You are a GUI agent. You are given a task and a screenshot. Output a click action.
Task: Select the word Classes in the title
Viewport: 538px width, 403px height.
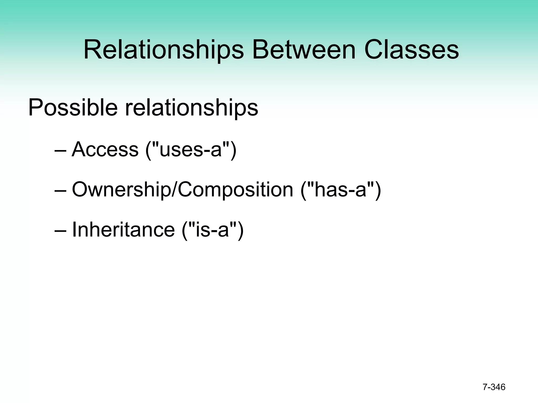pos(412,50)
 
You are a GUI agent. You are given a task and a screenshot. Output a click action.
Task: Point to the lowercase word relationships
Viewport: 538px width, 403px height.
pos(192,108)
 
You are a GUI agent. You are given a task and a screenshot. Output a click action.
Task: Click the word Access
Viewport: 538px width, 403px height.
pos(105,149)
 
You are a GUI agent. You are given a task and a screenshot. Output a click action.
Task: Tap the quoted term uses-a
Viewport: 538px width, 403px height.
pos(191,149)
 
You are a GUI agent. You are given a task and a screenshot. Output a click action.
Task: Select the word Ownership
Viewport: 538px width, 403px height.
pos(121,189)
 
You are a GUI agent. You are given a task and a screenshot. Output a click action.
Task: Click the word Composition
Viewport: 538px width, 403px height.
pos(235,189)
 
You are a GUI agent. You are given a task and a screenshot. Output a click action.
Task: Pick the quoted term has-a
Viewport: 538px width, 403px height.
pos(340,189)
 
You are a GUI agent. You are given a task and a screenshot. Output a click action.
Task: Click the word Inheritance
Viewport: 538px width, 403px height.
pos(123,230)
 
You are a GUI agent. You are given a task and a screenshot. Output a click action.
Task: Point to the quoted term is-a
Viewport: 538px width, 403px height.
pos(213,230)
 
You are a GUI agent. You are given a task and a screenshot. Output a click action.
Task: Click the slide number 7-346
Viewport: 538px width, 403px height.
pos(494,387)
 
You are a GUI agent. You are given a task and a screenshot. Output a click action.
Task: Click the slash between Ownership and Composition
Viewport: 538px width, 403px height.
pos(174,189)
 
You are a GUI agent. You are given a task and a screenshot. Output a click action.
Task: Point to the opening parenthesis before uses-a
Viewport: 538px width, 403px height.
pos(148,150)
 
